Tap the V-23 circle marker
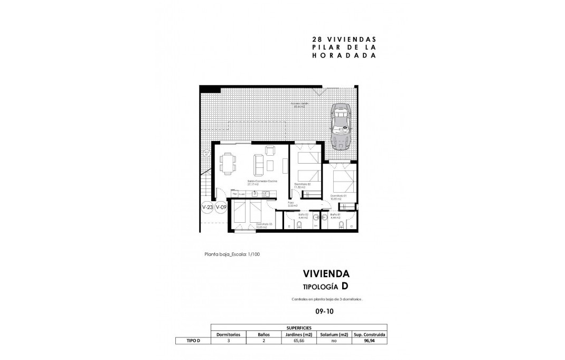coord(208,208)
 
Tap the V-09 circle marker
coord(221,208)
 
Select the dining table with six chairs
coord(228,163)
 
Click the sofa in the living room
coord(259,165)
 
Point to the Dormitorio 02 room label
coord(302,185)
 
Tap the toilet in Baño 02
coord(300,226)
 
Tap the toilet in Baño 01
coord(341,226)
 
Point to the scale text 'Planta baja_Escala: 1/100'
coord(232,254)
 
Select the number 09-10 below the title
coord(325,312)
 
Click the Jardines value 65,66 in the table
coord(299,341)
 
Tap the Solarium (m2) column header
coord(333,334)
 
